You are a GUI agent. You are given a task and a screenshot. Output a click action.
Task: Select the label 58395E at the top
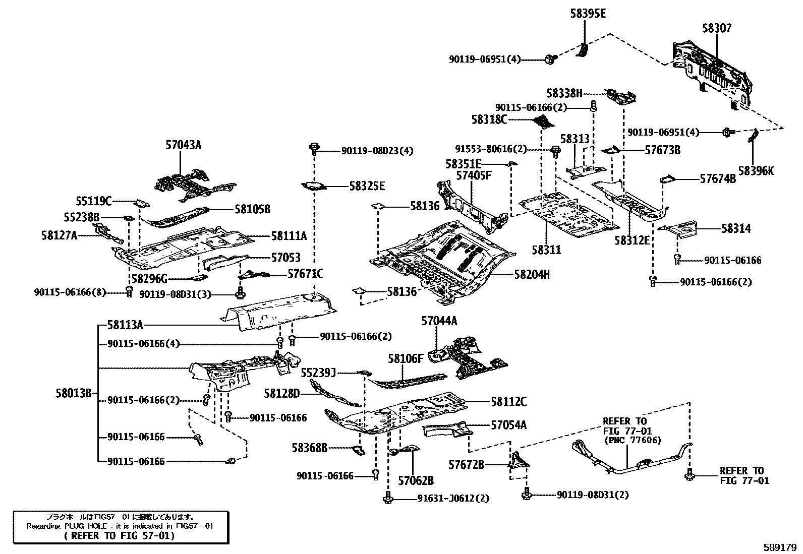pyautogui.click(x=588, y=14)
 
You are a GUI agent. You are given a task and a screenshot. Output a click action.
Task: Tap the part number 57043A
pyautogui.click(x=183, y=145)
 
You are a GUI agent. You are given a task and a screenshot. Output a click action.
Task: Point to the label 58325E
pyautogui.click(x=367, y=186)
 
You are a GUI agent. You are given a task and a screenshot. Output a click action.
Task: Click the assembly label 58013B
pyautogui.click(x=74, y=393)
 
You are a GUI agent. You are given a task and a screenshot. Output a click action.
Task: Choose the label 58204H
pyautogui.click(x=532, y=274)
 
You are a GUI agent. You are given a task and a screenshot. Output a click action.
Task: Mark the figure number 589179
pyautogui.click(x=779, y=546)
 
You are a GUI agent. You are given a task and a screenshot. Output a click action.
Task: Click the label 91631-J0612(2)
pyautogui.click(x=453, y=499)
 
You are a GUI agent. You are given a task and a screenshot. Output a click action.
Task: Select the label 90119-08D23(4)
pyautogui.click(x=377, y=151)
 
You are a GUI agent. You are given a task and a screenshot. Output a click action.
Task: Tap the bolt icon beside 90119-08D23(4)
pyautogui.click(x=314, y=148)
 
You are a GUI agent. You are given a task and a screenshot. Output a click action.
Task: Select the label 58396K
pyautogui.click(x=756, y=171)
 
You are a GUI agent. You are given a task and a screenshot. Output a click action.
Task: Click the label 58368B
pyautogui.click(x=310, y=447)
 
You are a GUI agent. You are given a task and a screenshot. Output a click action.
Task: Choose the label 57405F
pyautogui.click(x=474, y=175)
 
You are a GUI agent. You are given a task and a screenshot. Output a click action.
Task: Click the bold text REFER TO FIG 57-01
pyautogui.click(x=120, y=535)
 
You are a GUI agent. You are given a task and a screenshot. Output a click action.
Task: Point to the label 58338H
pyautogui.click(x=564, y=93)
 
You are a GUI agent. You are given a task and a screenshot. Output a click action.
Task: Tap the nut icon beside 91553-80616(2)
pyautogui.click(x=556, y=150)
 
